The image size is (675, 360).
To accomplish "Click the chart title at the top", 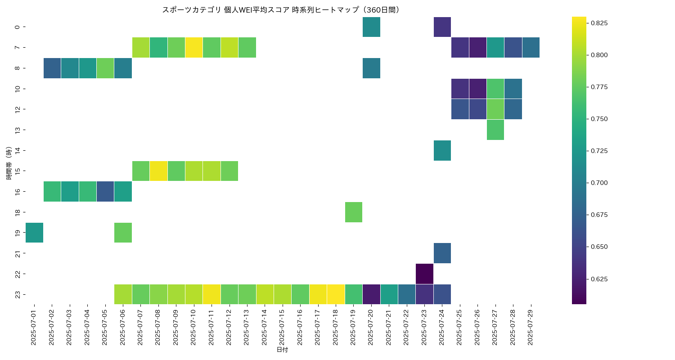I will pos(281,10).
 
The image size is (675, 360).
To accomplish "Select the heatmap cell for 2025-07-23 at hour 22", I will pos(424,274).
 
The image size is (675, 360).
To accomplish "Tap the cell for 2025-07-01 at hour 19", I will pos(34,233).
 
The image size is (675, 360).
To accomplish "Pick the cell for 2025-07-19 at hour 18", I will pos(354,212).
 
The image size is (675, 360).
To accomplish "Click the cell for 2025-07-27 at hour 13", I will pos(495,130).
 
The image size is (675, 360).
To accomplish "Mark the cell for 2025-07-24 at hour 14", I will pos(442,150).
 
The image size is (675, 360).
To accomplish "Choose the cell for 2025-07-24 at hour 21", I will pos(442,253).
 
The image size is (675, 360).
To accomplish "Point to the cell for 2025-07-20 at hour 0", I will pos(371,27).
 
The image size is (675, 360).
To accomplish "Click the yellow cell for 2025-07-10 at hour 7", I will pos(194,48).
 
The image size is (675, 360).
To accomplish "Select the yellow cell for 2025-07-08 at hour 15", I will pos(158,171).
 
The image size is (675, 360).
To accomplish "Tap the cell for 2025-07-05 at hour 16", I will pos(105,191).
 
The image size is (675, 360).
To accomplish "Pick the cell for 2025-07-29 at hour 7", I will pos(531,48).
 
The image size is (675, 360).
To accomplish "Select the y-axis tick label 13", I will pos(17,130).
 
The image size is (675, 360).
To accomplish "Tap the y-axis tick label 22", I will pos(17,274).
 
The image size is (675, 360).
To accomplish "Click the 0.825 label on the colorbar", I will pos(599,23).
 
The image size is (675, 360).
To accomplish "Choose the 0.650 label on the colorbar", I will pos(599,247).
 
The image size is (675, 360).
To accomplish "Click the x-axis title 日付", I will pos(282,350).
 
